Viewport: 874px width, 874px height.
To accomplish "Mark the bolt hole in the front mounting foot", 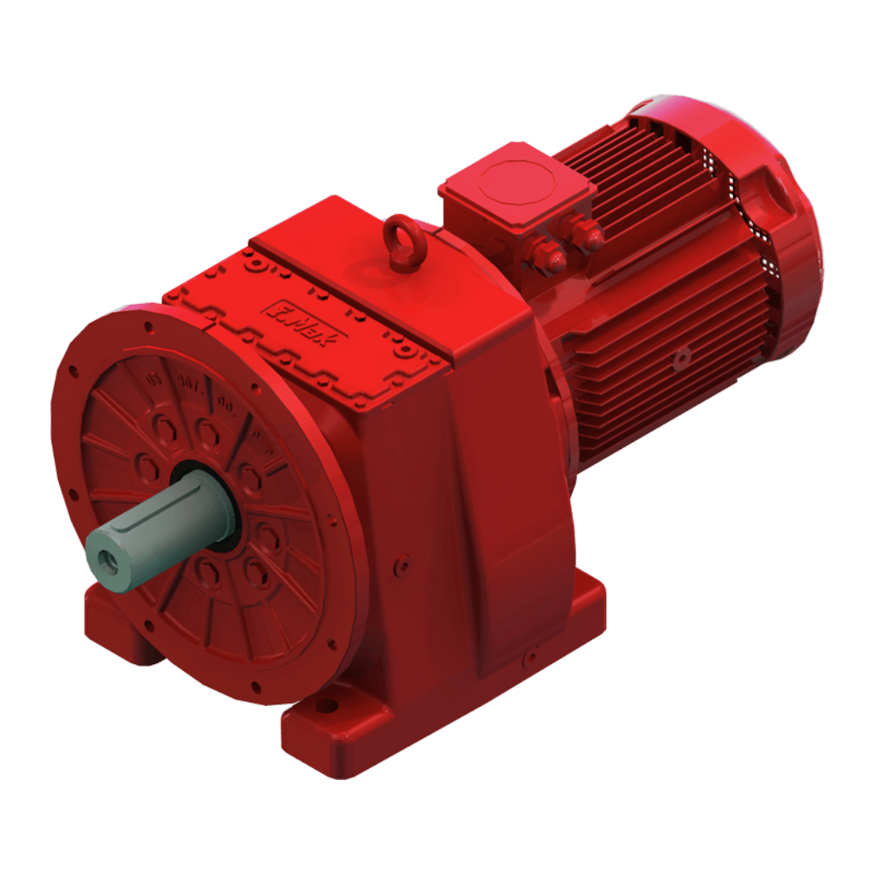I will tap(325, 708).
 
